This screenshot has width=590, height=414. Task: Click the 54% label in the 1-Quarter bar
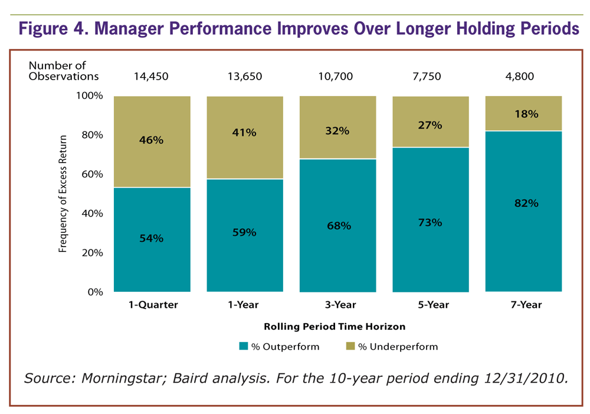(152, 238)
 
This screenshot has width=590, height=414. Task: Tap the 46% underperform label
(152, 140)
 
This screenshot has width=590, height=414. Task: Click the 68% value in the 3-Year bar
(338, 225)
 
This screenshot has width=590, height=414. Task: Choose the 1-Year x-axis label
(244, 305)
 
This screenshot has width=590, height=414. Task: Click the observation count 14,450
(151, 76)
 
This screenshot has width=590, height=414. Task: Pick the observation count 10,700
(338, 76)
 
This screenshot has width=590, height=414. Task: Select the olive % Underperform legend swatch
(350, 347)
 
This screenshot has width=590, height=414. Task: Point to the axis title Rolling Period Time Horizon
(334, 326)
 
